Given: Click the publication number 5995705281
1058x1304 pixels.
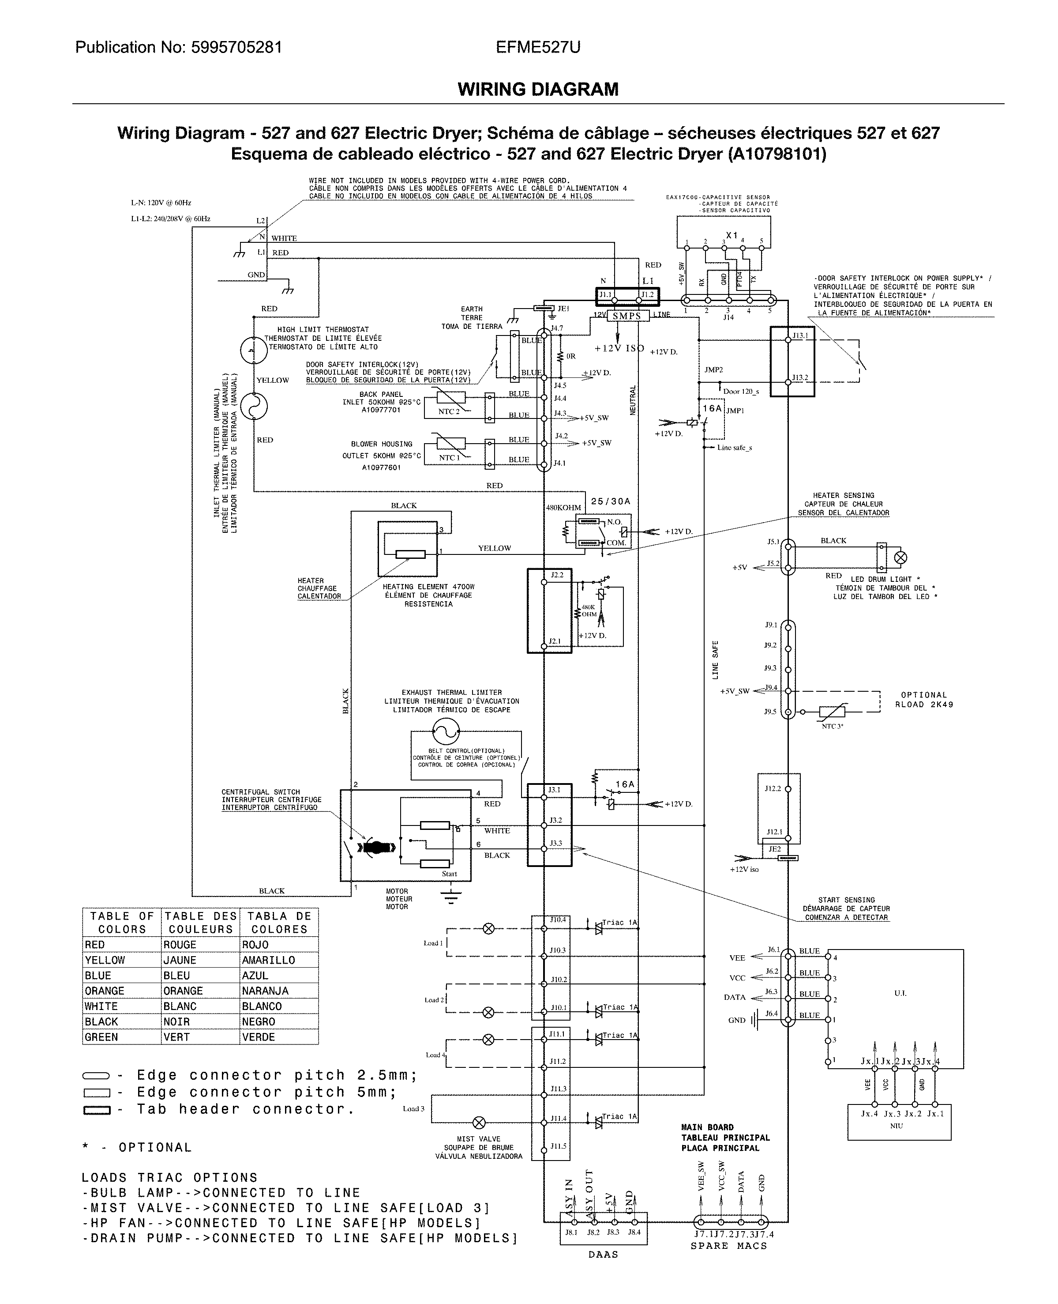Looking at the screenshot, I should pyautogui.click(x=236, y=48).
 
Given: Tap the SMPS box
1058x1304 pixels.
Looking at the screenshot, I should pyautogui.click(x=627, y=316).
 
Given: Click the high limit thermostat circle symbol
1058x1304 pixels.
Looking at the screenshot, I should pyautogui.click(x=254, y=350).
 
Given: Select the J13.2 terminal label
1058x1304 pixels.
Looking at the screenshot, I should pyautogui.click(x=800, y=377).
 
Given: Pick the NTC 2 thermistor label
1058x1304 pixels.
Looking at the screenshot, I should pyautogui.click(x=449, y=411).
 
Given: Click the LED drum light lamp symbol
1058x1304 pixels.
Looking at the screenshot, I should pyautogui.click(x=900, y=557).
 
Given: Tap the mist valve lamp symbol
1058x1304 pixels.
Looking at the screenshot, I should pyautogui.click(x=480, y=1122).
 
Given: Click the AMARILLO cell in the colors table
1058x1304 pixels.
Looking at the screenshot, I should pyautogui.click(x=268, y=960).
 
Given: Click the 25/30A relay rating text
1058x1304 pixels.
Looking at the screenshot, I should pyautogui.click(x=611, y=501).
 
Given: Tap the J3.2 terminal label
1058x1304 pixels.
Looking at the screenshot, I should pyautogui.click(x=555, y=820).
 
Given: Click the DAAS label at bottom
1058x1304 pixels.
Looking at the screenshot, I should pyautogui.click(x=604, y=1255).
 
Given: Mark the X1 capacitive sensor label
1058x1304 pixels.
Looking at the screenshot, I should pyautogui.click(x=732, y=235).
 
